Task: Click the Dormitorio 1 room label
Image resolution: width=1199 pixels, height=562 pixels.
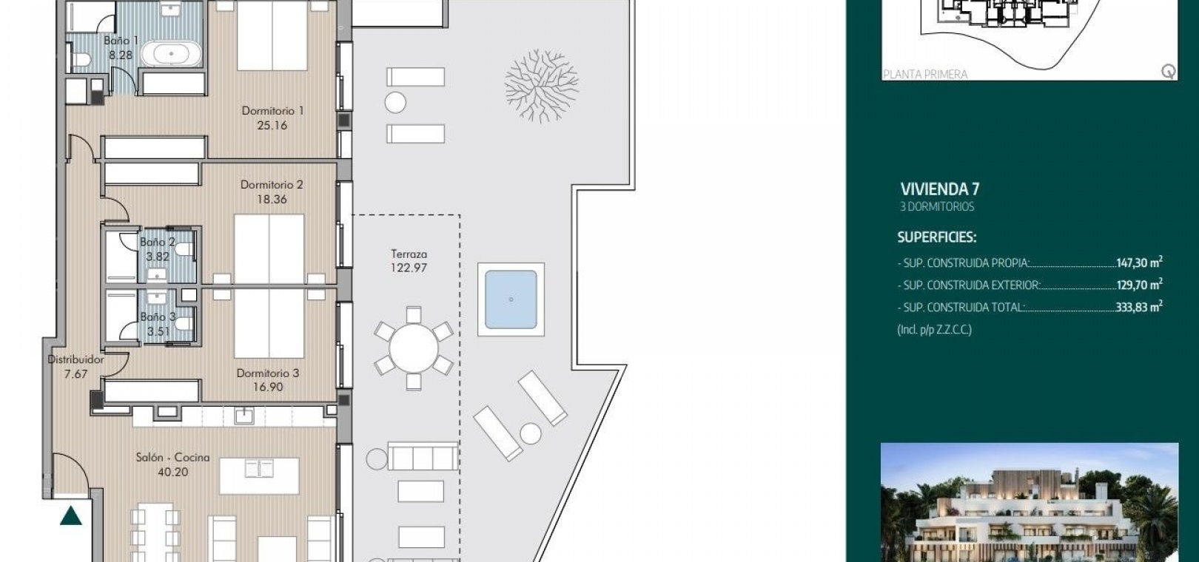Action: pyautogui.click(x=272, y=111)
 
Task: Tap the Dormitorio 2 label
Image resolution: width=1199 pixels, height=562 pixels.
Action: pyautogui.click(x=272, y=184)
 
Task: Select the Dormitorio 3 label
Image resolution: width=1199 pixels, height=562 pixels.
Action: pyautogui.click(x=268, y=373)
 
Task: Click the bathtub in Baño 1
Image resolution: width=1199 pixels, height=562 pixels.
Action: pyautogui.click(x=171, y=54)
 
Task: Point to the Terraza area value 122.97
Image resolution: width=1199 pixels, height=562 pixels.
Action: pyautogui.click(x=409, y=268)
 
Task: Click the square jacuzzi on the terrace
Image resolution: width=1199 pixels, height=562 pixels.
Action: pyautogui.click(x=511, y=299)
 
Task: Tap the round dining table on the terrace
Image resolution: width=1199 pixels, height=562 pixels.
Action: pyautogui.click(x=413, y=348)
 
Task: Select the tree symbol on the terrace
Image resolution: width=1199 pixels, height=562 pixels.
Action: pyautogui.click(x=542, y=86)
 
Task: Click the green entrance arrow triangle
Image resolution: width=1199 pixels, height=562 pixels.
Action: pyautogui.click(x=70, y=516)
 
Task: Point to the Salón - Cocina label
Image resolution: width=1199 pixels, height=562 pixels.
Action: pyautogui.click(x=172, y=457)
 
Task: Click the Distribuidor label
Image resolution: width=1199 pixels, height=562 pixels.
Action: pyautogui.click(x=76, y=359)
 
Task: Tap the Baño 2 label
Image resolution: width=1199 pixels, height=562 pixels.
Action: pyautogui.click(x=158, y=242)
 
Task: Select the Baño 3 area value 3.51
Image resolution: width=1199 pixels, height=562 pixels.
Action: pyautogui.click(x=158, y=331)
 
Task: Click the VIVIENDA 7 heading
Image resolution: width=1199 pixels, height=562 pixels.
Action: pyautogui.click(x=940, y=189)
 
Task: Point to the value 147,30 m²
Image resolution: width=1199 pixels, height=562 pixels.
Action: pyautogui.click(x=1139, y=262)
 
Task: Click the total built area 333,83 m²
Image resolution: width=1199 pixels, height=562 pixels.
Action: pyautogui.click(x=1139, y=307)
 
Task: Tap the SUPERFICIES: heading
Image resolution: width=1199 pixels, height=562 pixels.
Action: pyautogui.click(x=937, y=237)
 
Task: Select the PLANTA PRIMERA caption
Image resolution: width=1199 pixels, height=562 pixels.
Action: pyautogui.click(x=925, y=75)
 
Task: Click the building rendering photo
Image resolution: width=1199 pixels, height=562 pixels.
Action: pyautogui.click(x=1030, y=502)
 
